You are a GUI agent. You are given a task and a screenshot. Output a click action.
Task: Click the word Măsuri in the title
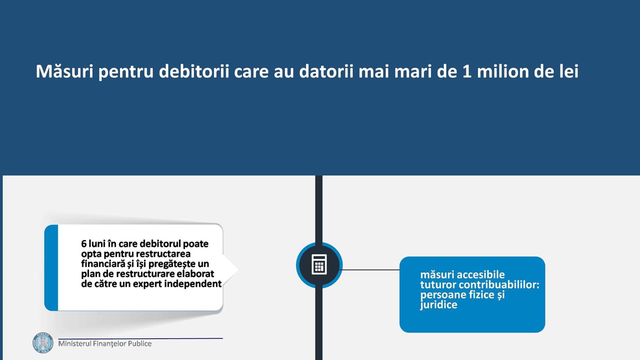tap(64, 71)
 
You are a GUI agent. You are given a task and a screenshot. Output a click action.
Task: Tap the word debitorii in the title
tap(194, 71)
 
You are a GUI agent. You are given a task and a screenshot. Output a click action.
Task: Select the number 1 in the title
tap(467, 71)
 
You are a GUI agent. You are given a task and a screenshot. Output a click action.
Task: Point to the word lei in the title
tap(569, 71)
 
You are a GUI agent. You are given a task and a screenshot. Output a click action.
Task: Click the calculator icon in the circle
tap(319, 264)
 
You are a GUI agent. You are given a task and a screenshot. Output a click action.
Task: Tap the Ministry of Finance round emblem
tap(43, 343)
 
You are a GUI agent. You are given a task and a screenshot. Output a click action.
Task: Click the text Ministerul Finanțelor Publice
tap(105, 343)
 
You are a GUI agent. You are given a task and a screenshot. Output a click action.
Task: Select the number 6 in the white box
tap(84, 244)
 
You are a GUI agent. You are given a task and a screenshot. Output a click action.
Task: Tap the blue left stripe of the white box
tap(51, 268)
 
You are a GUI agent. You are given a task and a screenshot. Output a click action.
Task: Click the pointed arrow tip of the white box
tap(237, 269)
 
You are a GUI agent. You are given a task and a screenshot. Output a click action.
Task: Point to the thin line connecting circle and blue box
tap(371, 270)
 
